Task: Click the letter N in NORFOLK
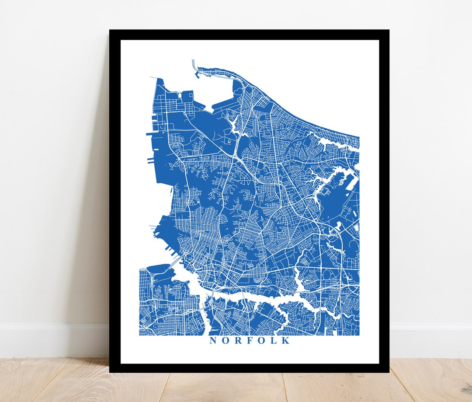pyautogui.click(x=213, y=340)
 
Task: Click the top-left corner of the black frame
pyautogui.click(x=110, y=31)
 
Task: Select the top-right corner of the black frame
pyautogui.click(x=388, y=31)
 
